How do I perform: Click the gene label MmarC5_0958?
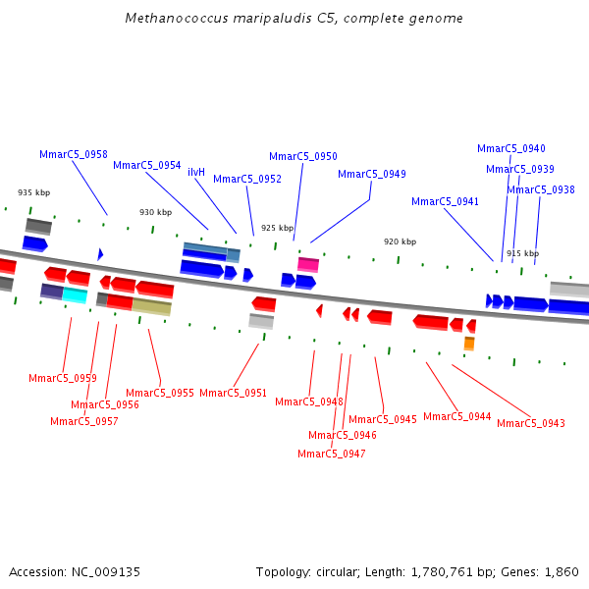coord(74,155)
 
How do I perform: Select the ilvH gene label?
coord(196,172)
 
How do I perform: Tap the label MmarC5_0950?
coord(303,156)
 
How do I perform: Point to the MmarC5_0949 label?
coord(372,174)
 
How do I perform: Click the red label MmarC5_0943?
coord(531,423)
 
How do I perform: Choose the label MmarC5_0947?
coord(332,454)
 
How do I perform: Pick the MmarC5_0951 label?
coord(234,393)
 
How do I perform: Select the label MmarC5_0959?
coord(63,378)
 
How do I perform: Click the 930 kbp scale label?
coord(155,212)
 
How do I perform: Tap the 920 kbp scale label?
coord(400,241)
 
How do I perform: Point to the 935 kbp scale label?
coord(33,192)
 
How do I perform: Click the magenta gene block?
coord(308,264)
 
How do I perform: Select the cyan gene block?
coord(75,294)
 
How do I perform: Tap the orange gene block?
coord(469,343)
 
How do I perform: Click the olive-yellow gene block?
coord(151,306)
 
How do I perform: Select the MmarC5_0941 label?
coord(446,201)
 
